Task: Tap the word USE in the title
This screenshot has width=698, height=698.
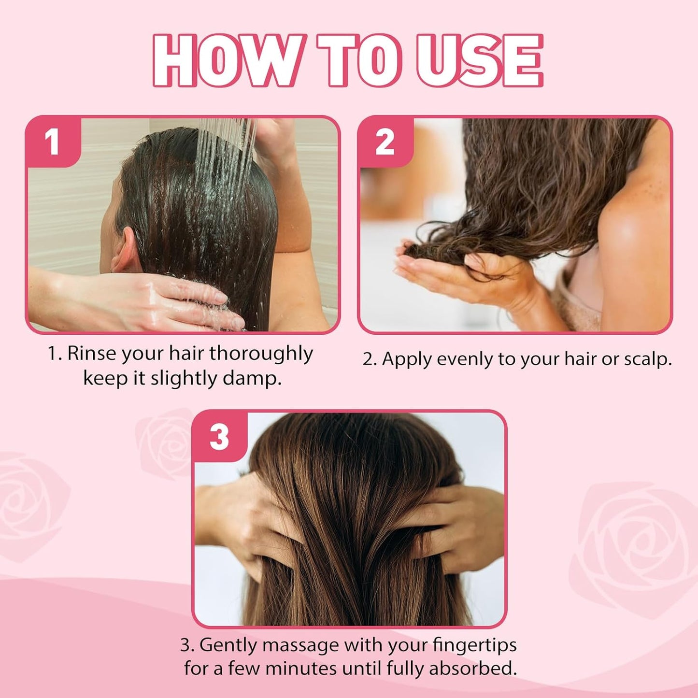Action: (x=480, y=61)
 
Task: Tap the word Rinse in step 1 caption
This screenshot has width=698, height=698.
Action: (x=92, y=354)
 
